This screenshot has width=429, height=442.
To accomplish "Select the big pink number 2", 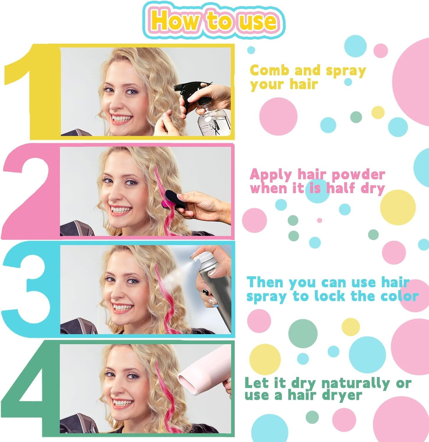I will point(29,192).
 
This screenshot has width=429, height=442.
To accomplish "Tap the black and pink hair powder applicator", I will point(171,199).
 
